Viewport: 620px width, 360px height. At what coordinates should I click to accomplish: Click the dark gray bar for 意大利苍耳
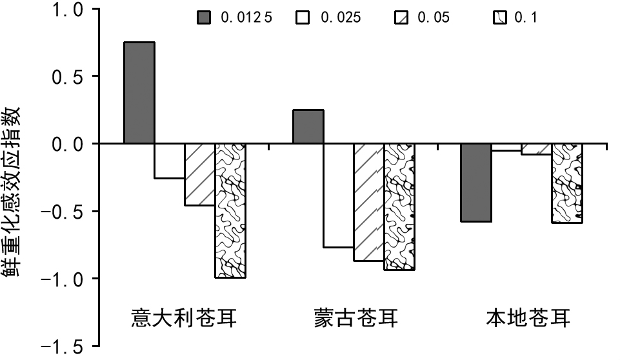tap(139, 93)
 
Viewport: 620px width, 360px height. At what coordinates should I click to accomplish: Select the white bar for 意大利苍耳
tap(169, 161)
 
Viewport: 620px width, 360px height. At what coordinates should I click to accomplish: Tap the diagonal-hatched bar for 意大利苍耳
tap(200, 174)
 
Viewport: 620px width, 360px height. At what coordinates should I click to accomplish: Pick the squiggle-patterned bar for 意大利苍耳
tap(230, 210)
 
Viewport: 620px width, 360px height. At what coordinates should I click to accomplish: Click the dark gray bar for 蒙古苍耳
tap(308, 126)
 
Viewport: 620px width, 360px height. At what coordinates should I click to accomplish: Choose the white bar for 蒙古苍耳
tap(338, 195)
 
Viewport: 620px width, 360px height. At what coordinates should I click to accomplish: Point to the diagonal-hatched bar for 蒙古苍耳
tap(368, 202)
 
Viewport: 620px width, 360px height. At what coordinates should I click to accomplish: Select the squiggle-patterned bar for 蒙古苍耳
tap(399, 206)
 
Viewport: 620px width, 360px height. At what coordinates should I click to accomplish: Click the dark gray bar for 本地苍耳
tap(476, 183)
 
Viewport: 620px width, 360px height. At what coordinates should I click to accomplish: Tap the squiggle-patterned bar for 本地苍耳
tap(567, 183)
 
